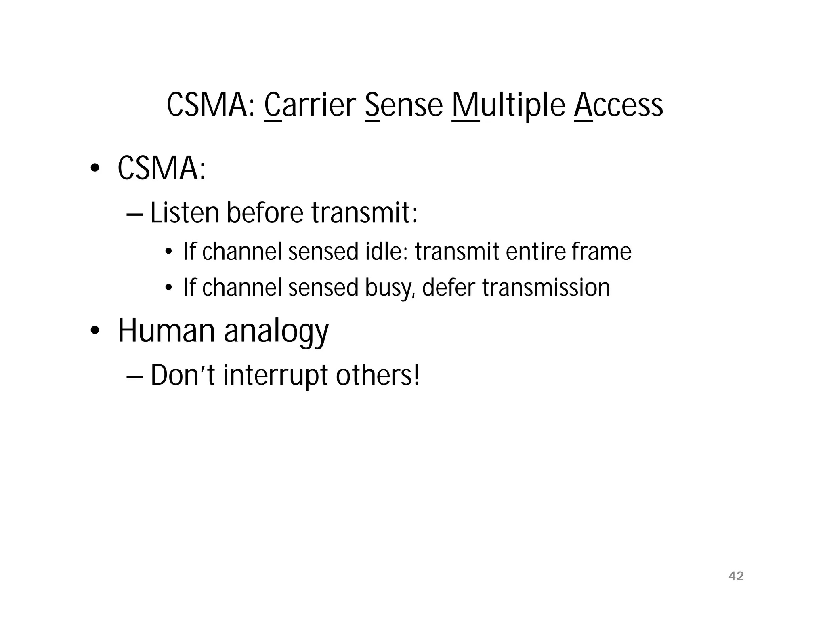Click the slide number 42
(736, 576)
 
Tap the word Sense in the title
(403, 106)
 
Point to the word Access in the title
(618, 106)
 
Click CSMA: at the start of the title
(212, 106)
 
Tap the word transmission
(546, 288)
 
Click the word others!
(378, 375)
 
